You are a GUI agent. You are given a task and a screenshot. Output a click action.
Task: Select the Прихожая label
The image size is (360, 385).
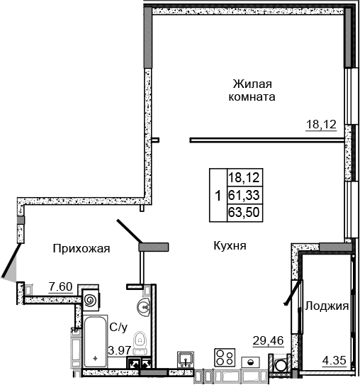pos(81,247)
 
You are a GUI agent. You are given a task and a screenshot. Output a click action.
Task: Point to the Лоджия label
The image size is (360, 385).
pos(327,306)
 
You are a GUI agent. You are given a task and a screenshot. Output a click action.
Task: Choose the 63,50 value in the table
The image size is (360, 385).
pos(244,211)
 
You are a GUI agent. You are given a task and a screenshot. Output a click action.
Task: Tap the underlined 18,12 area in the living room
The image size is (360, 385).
pos(320,125)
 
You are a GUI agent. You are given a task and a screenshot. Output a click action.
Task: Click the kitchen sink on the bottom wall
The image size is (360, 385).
pos(186,358)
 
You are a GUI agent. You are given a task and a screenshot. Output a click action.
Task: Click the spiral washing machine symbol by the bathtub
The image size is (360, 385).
pos(91,301)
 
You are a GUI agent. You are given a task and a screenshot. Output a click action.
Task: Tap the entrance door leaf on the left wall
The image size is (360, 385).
pos(9,261)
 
